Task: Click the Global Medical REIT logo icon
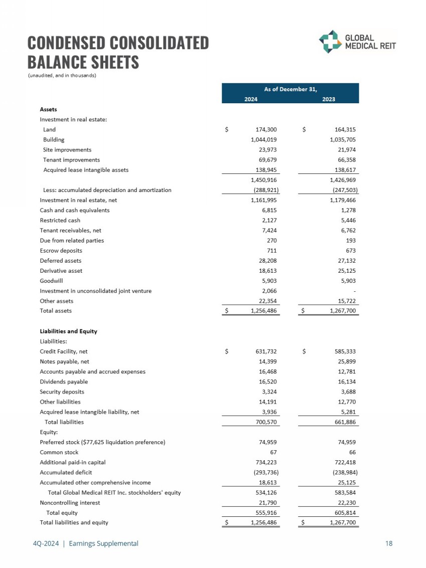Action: click(331, 42)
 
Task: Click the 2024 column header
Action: click(251, 99)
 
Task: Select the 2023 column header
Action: click(329, 99)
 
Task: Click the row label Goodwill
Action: click(51, 281)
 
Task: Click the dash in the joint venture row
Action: click(355, 291)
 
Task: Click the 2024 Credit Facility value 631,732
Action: click(266, 351)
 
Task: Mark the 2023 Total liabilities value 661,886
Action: click(343, 422)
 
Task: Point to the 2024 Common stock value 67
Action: click(273, 452)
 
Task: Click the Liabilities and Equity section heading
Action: click(68, 331)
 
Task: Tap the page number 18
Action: click(389, 543)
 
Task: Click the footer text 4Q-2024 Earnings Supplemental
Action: click(83, 543)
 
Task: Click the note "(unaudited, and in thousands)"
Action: click(62, 76)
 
